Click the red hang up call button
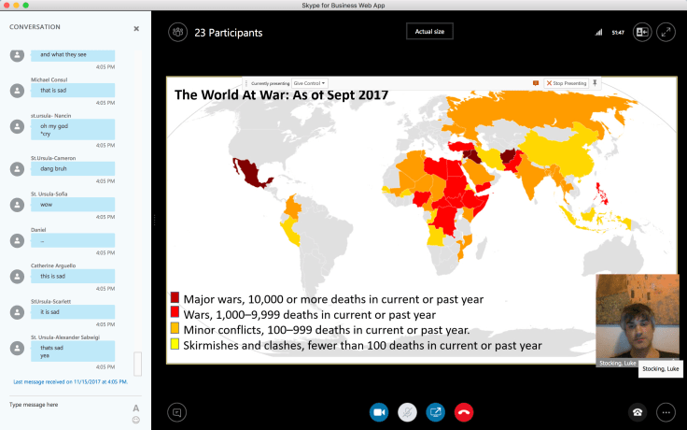click(463, 411)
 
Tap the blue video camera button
click(379, 411)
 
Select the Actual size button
click(430, 32)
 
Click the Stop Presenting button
click(567, 83)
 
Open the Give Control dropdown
click(311, 83)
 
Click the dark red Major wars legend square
click(175, 299)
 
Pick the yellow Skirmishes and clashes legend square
click(175, 345)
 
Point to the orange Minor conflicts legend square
click(175, 330)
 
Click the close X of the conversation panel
click(136, 28)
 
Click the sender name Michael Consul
click(50, 79)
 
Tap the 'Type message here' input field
click(65, 405)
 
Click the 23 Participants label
click(228, 33)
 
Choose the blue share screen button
click(435, 411)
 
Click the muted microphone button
click(407, 411)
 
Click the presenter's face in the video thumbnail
click(638, 316)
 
